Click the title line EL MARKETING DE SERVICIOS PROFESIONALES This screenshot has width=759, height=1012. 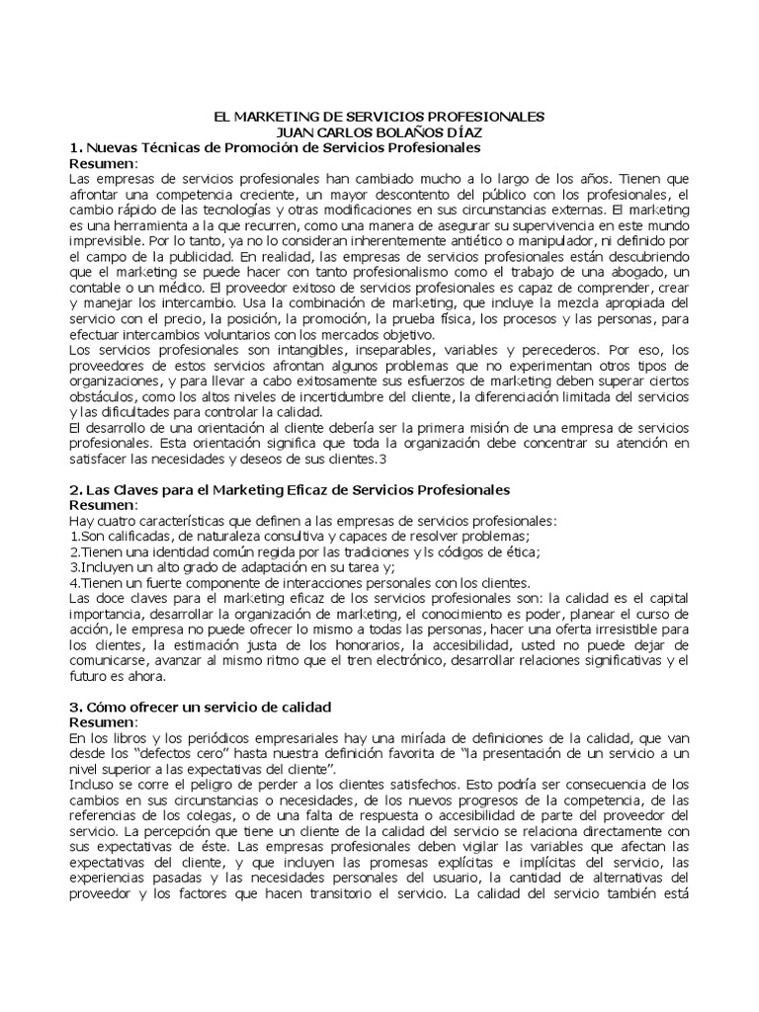click(379, 117)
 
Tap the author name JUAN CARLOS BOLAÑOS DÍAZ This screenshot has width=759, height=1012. click(379, 131)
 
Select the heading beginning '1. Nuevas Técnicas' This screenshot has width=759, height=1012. click(275, 147)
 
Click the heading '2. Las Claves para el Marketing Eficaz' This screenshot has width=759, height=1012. click(290, 489)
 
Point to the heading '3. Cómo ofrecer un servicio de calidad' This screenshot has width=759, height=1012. click(200, 708)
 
